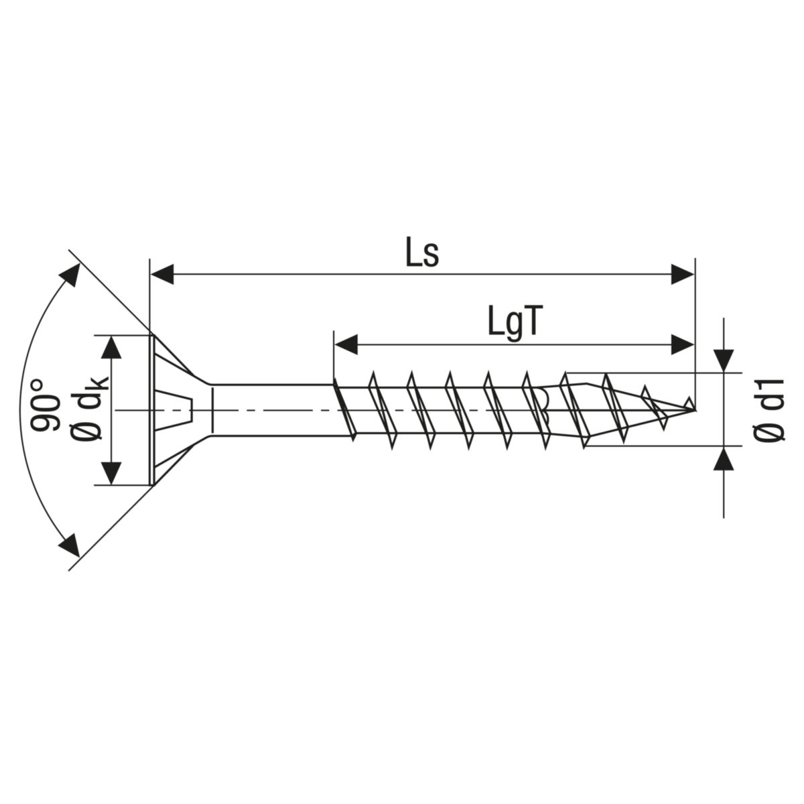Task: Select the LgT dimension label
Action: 514,324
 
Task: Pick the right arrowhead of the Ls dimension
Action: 682,273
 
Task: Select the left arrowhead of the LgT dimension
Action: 344,346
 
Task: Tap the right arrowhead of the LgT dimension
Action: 682,346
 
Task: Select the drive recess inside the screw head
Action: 176,409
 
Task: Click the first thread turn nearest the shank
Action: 343,409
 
